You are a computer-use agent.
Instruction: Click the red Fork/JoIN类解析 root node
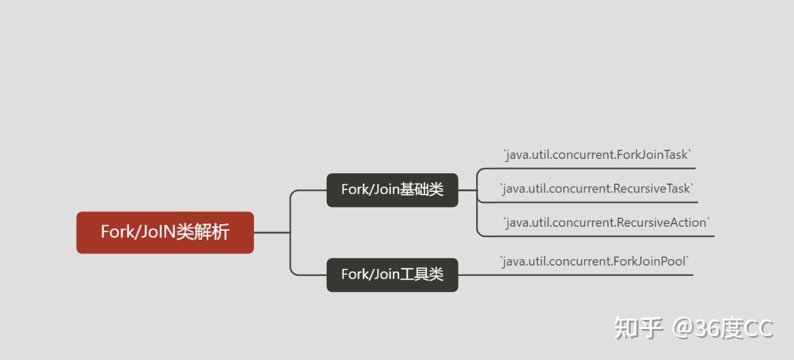[165, 232]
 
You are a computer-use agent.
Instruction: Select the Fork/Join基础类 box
[392, 190]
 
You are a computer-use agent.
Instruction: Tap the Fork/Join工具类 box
[392, 275]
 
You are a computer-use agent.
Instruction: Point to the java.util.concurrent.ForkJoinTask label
[597, 154]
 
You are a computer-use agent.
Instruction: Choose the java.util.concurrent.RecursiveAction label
[606, 222]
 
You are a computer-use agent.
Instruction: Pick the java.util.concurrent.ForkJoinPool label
[594, 261]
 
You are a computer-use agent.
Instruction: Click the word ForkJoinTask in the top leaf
[652, 154]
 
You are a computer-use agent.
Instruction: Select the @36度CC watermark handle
[722, 328]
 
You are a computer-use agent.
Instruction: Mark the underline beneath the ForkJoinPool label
[594, 275]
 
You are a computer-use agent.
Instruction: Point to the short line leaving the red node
[271, 233]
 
